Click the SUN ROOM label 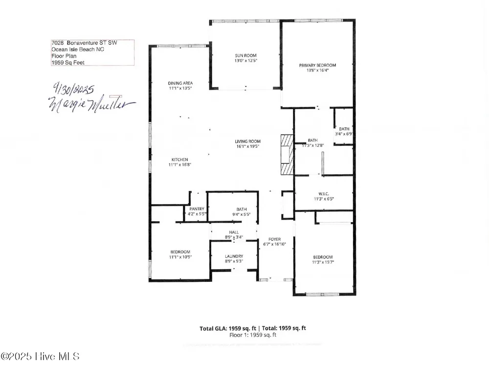(246, 56)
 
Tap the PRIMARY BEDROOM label (317, 65)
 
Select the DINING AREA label (180, 83)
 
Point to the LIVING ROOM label (247, 141)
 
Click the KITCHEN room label (179, 160)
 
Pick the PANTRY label (197, 209)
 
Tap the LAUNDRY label (234, 256)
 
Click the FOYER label (274, 239)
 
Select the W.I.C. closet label (324, 194)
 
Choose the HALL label (234, 232)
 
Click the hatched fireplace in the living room (287, 155)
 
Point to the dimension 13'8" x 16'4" (317, 70)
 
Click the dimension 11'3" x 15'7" (323, 262)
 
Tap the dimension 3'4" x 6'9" (344, 134)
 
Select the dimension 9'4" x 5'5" (242, 214)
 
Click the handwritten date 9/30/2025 (73, 89)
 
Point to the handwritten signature (91, 104)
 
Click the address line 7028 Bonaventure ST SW (84, 43)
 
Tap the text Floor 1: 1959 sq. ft (253, 335)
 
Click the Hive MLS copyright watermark (40, 356)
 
